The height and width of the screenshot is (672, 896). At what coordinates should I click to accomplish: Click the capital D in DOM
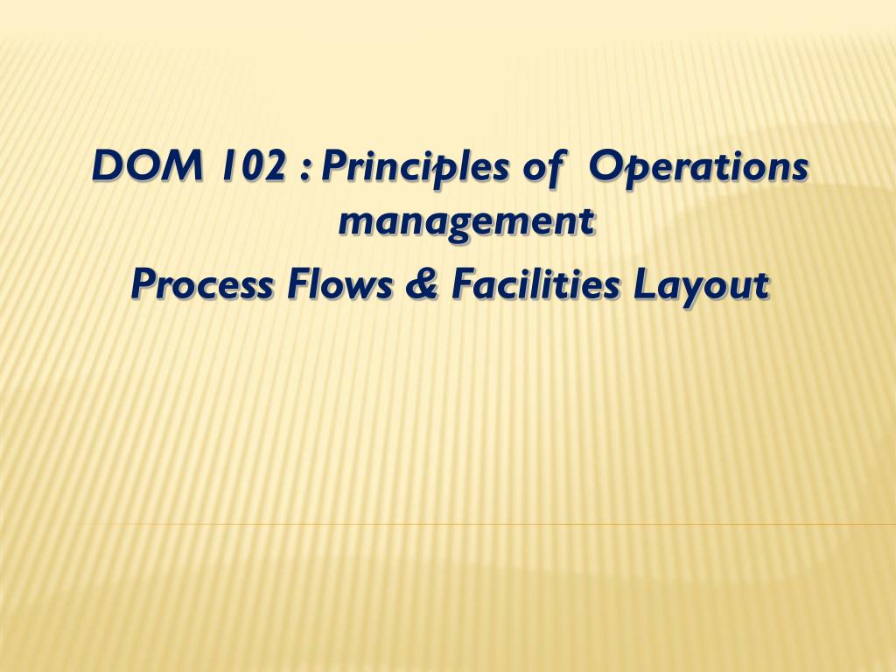click(108, 166)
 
